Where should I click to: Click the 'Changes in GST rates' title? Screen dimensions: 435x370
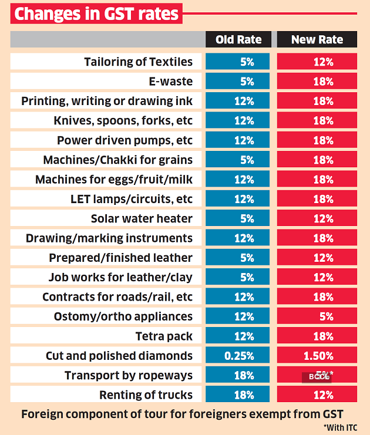(x=96, y=14)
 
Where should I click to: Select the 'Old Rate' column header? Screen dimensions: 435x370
(x=238, y=40)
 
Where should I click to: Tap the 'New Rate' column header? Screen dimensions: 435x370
(x=317, y=40)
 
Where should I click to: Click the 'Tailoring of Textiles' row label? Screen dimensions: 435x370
(x=138, y=62)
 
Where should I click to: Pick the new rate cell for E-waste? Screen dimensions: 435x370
(x=317, y=82)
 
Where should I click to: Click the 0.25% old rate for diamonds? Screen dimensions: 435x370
(x=238, y=356)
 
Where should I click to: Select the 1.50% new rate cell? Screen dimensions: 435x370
(x=317, y=356)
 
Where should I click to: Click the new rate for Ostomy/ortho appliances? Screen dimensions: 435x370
(x=317, y=316)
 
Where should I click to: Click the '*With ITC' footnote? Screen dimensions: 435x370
(x=339, y=427)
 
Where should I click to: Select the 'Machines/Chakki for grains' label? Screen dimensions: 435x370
(x=117, y=160)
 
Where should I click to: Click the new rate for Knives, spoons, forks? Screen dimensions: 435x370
(x=317, y=120)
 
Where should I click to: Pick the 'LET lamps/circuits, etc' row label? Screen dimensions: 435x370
(x=131, y=199)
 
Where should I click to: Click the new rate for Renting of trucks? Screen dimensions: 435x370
(x=317, y=394)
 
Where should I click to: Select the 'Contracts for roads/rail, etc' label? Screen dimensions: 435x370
(x=117, y=296)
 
